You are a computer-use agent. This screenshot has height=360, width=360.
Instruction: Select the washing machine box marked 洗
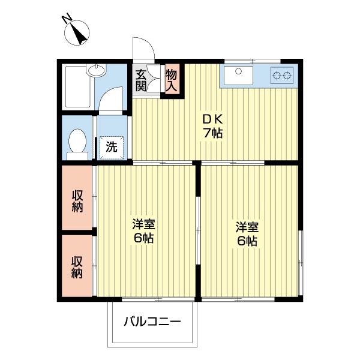(112, 146)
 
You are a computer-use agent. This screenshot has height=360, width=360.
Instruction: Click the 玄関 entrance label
(141, 80)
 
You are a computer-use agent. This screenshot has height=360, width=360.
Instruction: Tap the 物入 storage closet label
(172, 80)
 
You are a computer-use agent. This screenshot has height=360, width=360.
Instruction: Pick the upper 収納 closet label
(77, 202)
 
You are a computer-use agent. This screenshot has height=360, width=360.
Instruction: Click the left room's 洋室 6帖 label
(144, 231)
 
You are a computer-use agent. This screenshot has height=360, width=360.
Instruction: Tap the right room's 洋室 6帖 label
(247, 233)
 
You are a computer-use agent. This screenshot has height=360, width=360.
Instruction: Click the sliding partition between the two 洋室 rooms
(199, 231)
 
